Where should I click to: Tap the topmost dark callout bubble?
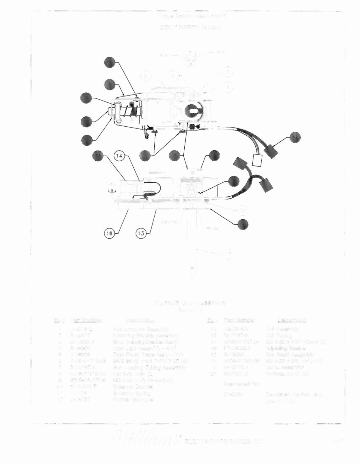tap(110, 63)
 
